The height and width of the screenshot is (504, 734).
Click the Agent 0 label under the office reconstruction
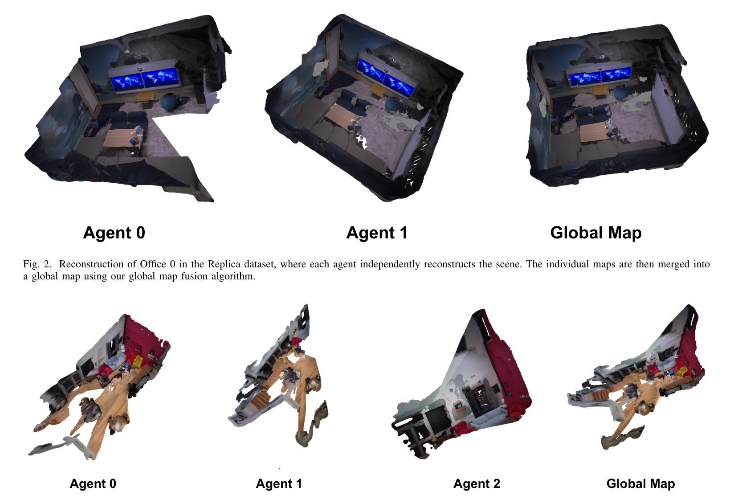point(114,233)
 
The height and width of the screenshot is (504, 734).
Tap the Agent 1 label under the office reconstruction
point(377,233)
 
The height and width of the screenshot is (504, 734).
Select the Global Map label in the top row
point(596,233)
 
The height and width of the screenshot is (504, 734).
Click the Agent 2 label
point(477,484)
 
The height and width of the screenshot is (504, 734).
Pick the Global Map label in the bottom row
point(640,484)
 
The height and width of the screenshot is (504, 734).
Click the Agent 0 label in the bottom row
point(93,484)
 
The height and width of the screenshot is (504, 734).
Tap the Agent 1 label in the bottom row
point(279,484)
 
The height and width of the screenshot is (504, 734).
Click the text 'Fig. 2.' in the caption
point(37,264)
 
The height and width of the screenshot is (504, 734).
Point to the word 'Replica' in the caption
point(224,264)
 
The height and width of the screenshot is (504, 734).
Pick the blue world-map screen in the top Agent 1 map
point(387,78)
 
